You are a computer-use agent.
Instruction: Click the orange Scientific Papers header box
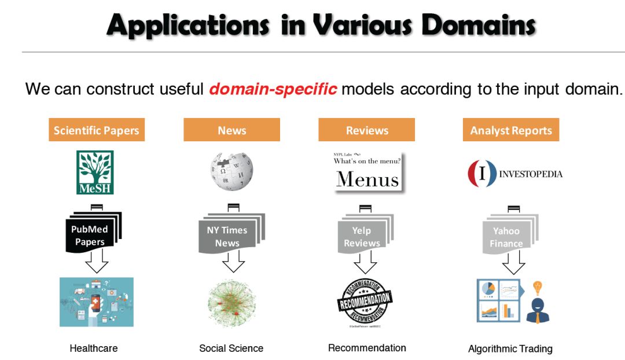coord(96,130)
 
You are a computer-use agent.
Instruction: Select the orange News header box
coord(231,130)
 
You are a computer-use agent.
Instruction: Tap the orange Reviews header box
coord(366,130)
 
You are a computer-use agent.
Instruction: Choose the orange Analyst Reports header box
coord(511,130)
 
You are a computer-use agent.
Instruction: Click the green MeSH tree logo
coord(95,172)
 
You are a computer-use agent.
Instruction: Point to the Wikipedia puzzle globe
coord(231,172)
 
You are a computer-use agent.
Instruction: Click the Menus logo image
coord(367,173)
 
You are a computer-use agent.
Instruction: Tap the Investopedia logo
coord(514,174)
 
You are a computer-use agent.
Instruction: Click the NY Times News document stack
coord(228,233)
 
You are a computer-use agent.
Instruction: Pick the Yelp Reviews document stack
coord(363,233)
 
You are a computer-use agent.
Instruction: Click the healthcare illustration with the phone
coord(96,302)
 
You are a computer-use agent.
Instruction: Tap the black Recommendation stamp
coord(365,302)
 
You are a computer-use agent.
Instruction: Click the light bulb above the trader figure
coord(538,288)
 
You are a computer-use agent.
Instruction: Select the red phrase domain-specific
coord(273,89)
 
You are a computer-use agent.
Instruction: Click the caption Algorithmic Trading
coord(510,348)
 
